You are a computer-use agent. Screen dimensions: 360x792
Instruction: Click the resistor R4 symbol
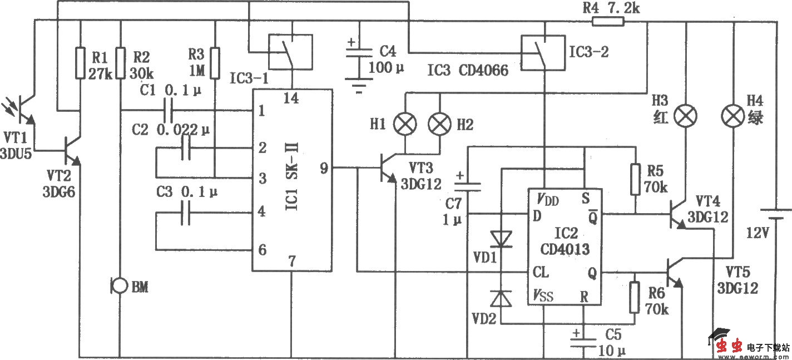click(608, 22)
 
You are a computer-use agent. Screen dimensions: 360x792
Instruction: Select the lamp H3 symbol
click(685, 117)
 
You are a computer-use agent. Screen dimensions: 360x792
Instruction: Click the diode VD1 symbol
click(502, 239)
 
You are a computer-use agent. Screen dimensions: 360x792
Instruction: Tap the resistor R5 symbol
click(634, 179)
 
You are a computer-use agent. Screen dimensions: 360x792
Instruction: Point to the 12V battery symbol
click(774, 215)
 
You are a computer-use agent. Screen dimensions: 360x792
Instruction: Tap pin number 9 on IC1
click(323, 167)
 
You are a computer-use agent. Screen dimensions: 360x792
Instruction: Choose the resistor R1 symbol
click(81, 62)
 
